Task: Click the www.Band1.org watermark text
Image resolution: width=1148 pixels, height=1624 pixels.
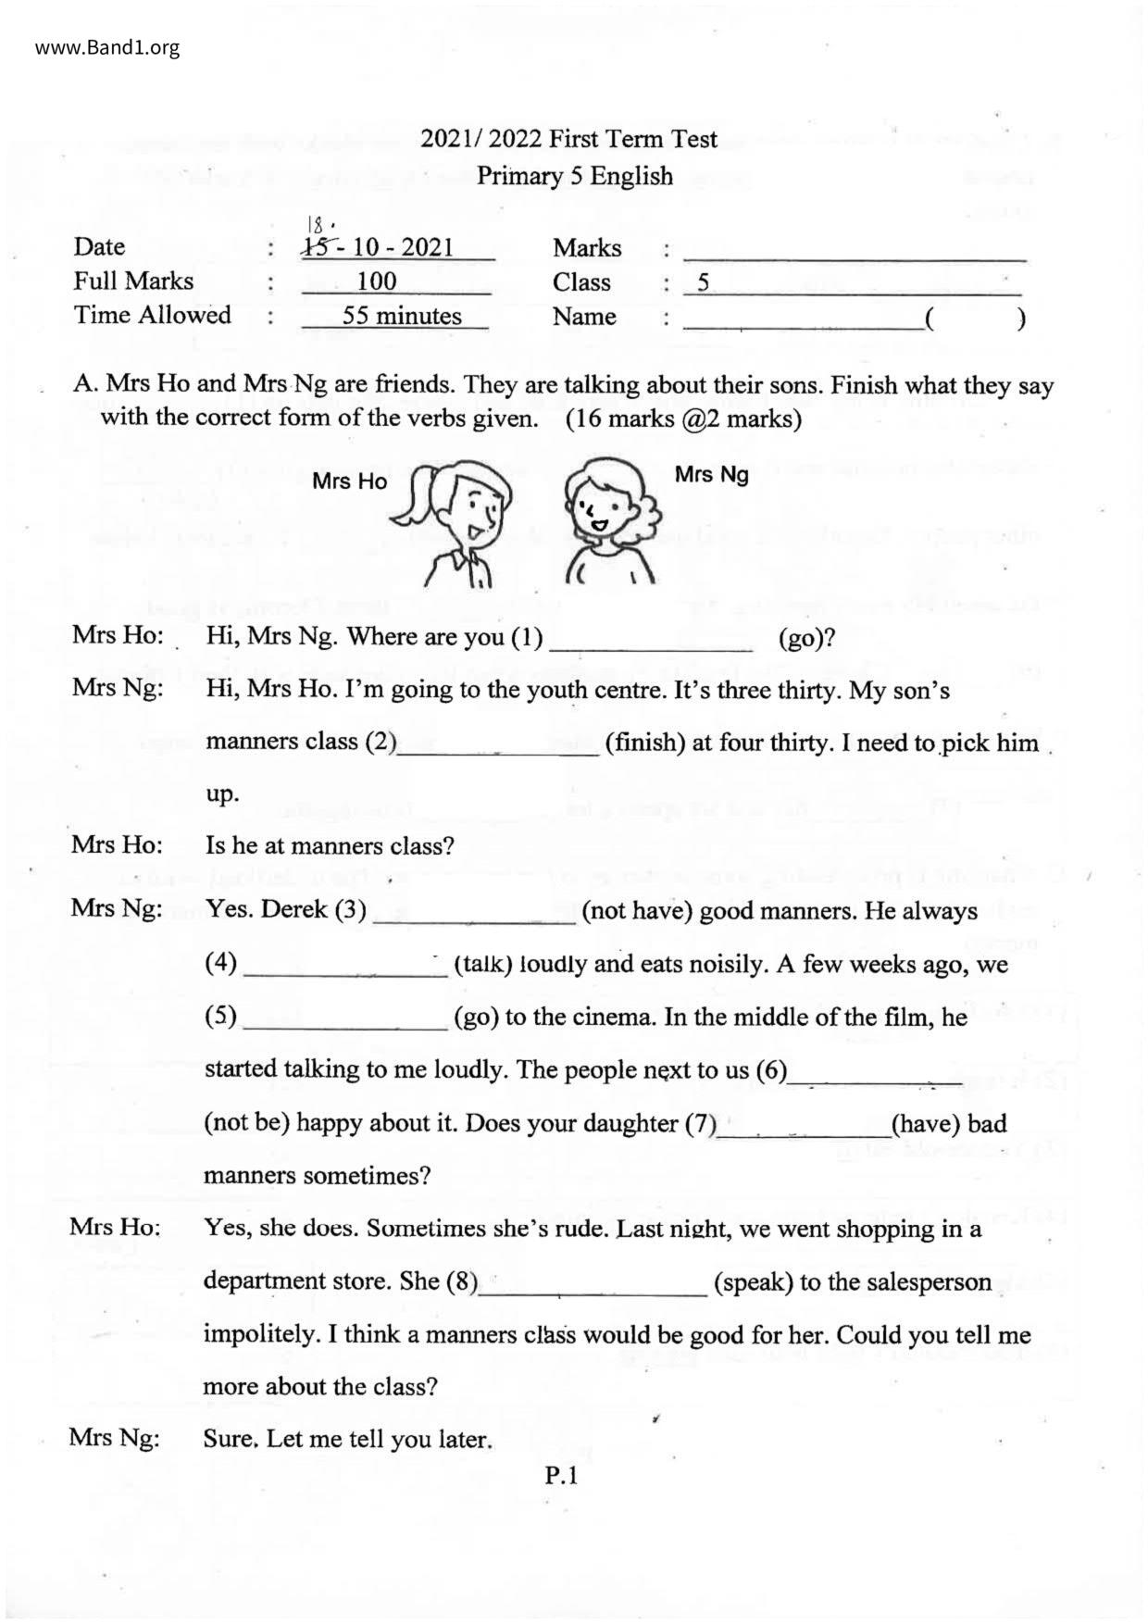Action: click(107, 47)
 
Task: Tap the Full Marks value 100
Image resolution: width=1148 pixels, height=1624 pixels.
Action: click(376, 281)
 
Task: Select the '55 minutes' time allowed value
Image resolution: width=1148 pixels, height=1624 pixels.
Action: click(402, 316)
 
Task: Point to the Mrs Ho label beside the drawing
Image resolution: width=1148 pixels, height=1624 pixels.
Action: click(349, 481)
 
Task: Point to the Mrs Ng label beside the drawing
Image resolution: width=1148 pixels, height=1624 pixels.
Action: click(711, 475)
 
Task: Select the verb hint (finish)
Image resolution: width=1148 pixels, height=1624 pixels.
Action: click(643, 743)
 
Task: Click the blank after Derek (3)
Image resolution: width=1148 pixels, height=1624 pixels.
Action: click(473, 913)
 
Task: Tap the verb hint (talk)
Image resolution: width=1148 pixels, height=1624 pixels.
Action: click(482, 966)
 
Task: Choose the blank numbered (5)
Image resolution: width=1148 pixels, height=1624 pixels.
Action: click(343, 1018)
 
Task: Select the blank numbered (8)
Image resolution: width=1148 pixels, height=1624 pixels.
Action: click(592, 1284)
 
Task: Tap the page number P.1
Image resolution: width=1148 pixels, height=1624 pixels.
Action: click(561, 1477)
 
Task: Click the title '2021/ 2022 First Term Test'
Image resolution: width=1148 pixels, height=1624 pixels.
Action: click(568, 140)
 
